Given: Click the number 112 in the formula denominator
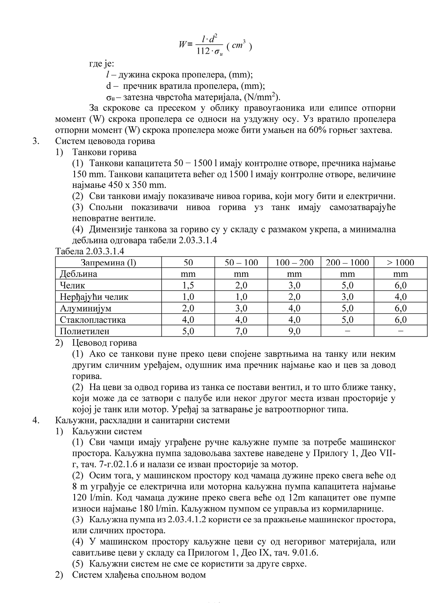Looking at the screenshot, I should [x=203, y=51].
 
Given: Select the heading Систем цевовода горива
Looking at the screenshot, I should [x=105, y=141].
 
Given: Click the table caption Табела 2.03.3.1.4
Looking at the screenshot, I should [x=90, y=252].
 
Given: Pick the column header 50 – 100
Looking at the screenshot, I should [x=241, y=262].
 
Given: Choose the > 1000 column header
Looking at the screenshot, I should [x=401, y=262].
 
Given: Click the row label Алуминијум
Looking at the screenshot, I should [x=85, y=309].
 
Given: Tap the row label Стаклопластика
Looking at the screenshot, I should [x=93, y=320].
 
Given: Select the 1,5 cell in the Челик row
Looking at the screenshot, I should [x=188, y=285].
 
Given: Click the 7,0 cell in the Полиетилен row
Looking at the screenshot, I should [x=241, y=331].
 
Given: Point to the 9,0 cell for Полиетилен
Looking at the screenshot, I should [x=294, y=331].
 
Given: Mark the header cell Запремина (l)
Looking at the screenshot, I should [x=108, y=262].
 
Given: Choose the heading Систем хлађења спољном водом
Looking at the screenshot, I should [x=139, y=575].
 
